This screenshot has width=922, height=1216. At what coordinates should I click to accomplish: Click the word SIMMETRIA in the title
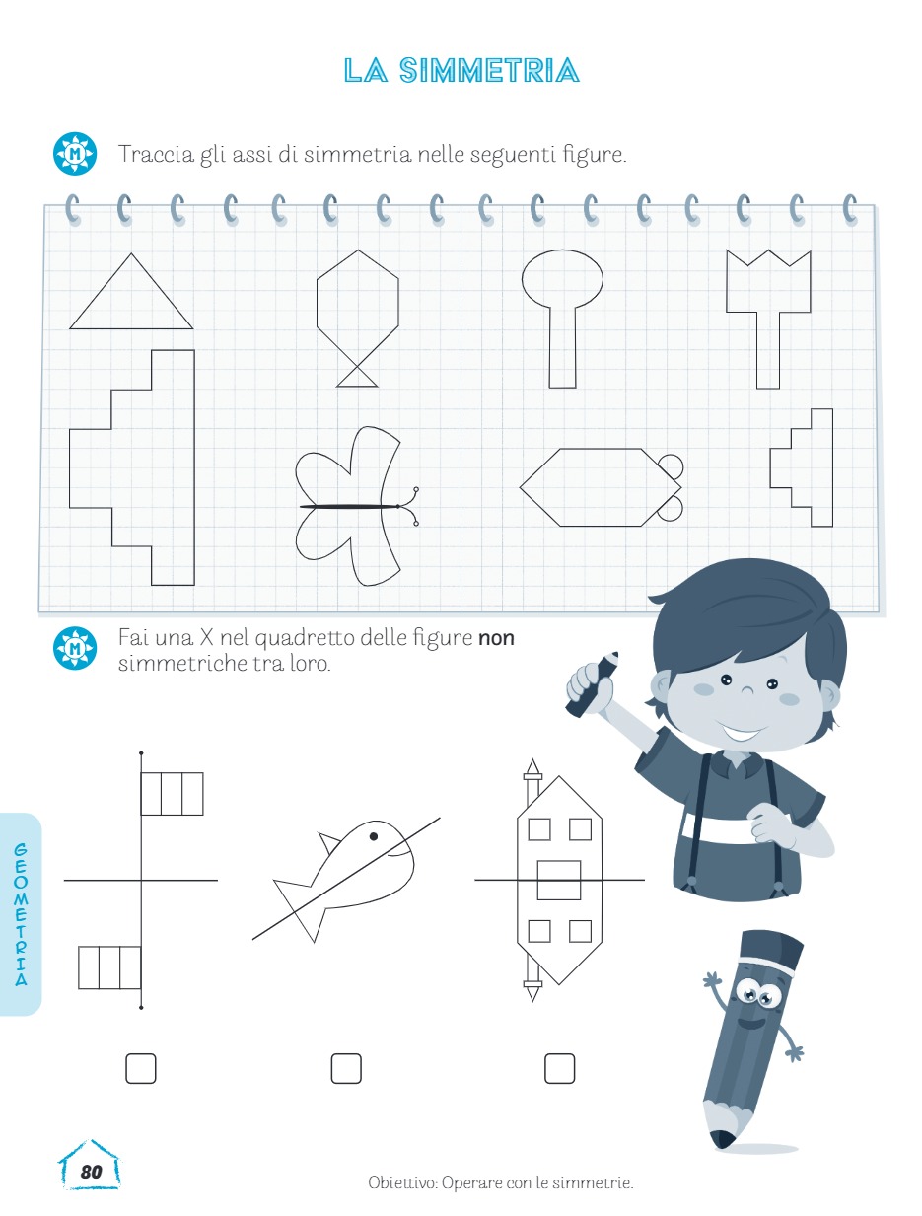(x=489, y=70)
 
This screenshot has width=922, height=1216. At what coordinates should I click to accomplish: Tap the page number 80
(x=91, y=1171)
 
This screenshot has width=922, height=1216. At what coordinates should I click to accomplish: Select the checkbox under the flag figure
(x=141, y=1068)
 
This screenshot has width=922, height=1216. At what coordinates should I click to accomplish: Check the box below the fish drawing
(x=346, y=1068)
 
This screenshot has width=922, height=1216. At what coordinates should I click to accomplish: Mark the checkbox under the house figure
(x=559, y=1068)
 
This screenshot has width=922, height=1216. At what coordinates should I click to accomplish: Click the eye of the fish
(x=373, y=836)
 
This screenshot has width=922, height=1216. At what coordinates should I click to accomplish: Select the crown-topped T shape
(x=768, y=319)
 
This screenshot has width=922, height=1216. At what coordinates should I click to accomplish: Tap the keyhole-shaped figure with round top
(x=562, y=319)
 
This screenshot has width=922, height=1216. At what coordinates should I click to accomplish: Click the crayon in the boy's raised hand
(x=591, y=684)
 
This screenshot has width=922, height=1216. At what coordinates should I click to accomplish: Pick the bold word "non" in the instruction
(x=496, y=638)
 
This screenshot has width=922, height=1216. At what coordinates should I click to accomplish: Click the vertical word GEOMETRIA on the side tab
(x=21, y=914)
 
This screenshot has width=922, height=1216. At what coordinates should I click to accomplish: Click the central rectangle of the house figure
(x=559, y=880)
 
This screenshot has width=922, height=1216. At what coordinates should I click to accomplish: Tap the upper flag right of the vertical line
(x=173, y=794)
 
